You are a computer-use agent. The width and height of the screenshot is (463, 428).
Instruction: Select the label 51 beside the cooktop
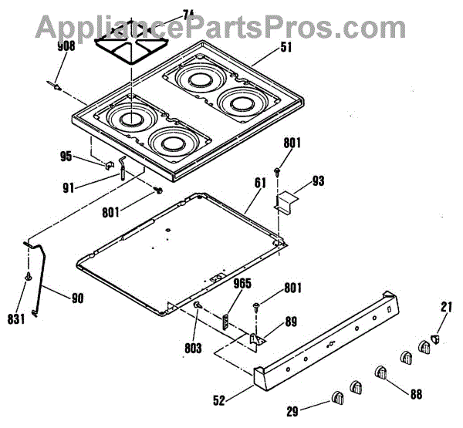[264, 45]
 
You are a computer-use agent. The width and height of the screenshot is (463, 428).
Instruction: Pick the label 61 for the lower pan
[259, 183]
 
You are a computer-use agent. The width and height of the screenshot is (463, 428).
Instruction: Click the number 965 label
[242, 284]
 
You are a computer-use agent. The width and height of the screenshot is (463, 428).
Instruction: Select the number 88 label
[416, 394]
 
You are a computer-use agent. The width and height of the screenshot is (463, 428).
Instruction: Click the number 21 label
[446, 308]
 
